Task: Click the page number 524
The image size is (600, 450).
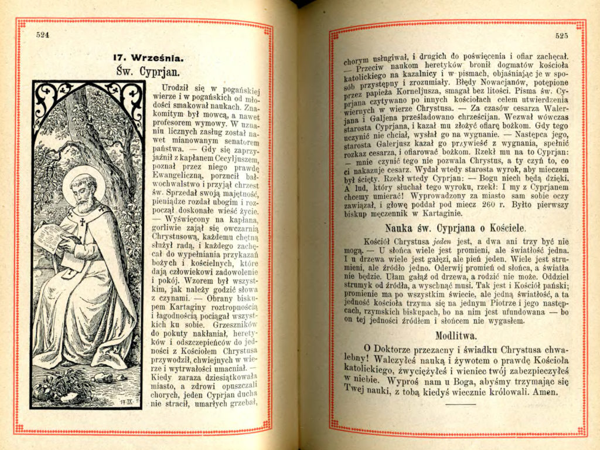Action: tap(43, 35)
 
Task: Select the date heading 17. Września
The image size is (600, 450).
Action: tap(149, 57)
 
